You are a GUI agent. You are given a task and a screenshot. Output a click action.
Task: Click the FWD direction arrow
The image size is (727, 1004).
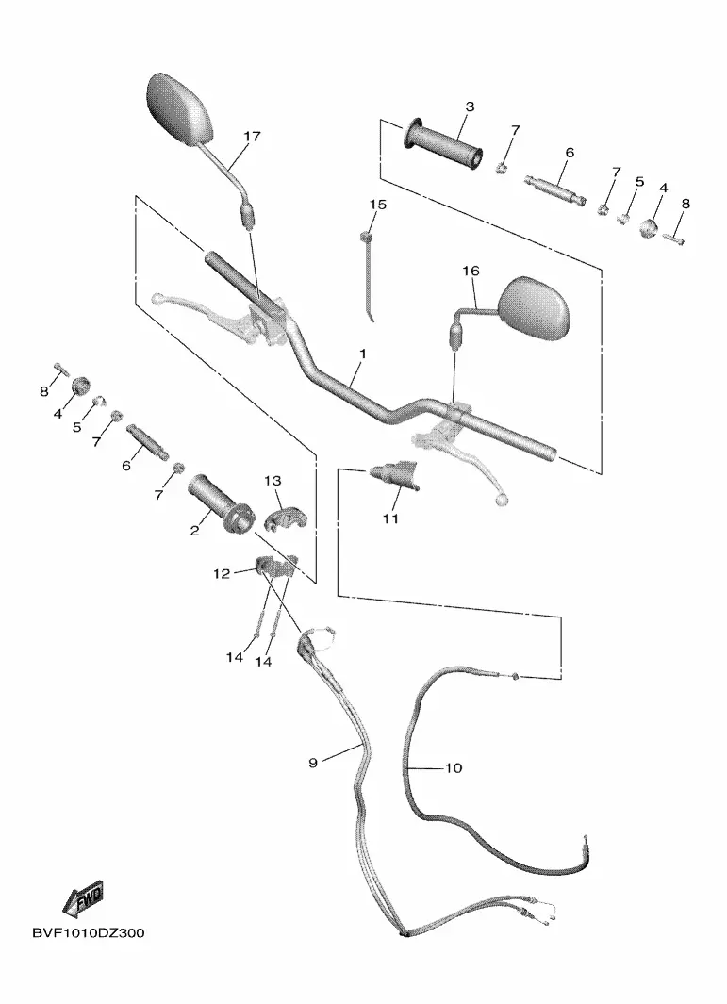(83, 898)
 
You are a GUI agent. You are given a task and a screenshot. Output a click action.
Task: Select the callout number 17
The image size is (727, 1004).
(251, 137)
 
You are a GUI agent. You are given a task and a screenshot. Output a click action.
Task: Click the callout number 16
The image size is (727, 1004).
(471, 272)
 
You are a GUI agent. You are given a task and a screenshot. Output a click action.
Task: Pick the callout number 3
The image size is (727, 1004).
(470, 107)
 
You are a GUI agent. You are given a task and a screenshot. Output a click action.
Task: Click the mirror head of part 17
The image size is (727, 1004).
(186, 108)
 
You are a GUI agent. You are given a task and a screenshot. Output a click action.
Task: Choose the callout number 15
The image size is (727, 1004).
(377, 205)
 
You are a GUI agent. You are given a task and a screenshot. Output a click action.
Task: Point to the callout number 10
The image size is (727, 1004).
(453, 768)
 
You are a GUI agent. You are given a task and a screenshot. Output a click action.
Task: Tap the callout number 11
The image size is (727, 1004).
(390, 518)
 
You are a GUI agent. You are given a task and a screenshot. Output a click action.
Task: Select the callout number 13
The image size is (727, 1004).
(273, 482)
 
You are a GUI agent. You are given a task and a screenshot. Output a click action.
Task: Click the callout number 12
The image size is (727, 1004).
(221, 573)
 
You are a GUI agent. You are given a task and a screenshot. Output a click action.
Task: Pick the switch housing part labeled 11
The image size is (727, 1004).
(395, 472)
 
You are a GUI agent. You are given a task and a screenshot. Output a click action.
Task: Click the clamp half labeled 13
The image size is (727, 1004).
(282, 517)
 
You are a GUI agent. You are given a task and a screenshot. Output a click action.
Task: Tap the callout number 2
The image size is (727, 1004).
(195, 532)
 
